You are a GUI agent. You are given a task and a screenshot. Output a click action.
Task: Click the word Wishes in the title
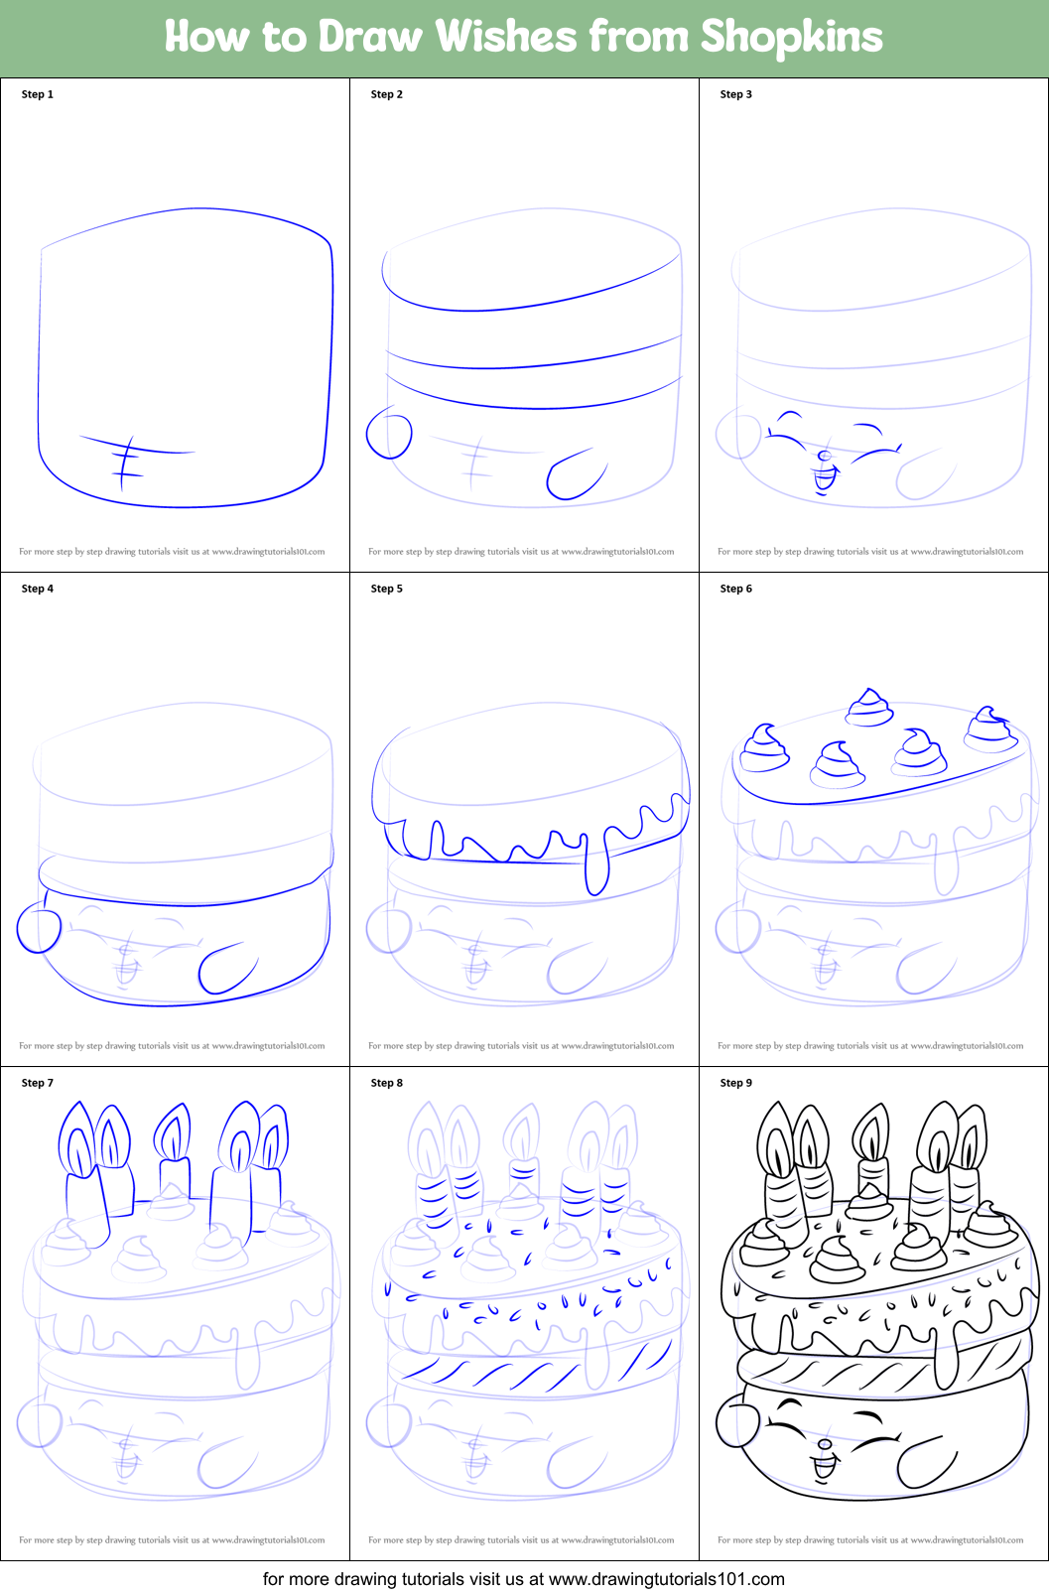(506, 37)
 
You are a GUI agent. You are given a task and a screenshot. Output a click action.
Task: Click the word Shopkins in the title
(791, 38)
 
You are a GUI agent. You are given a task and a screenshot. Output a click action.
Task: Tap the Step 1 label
(38, 94)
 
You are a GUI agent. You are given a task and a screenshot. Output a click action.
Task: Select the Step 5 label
(387, 589)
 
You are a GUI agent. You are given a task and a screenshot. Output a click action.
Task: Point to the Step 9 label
(736, 1083)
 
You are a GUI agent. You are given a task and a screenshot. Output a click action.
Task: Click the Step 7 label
(38, 1083)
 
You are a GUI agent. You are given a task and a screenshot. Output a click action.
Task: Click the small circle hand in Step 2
(389, 435)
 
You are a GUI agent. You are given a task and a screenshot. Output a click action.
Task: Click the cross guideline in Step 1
(126, 462)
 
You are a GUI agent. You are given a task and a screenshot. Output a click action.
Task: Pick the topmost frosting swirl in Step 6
(870, 707)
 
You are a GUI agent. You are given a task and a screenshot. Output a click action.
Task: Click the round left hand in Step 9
(738, 1424)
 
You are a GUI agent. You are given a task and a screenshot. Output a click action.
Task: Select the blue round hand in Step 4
(39, 929)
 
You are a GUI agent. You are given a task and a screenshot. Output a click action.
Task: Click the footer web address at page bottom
(666, 1578)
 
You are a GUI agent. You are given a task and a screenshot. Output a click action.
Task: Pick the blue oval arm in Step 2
(577, 474)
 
